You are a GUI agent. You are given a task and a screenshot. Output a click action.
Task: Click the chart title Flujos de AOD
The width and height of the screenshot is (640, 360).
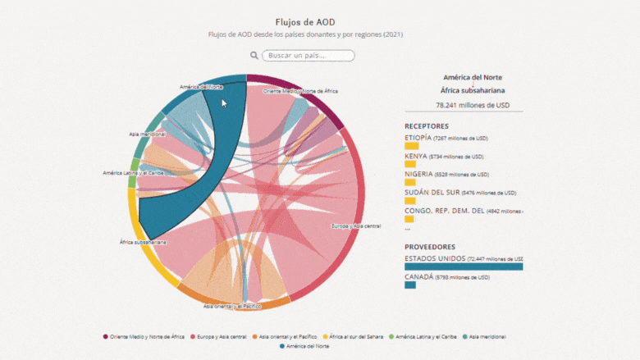(304, 21)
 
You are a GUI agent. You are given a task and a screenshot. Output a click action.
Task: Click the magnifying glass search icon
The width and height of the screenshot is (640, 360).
(254, 56)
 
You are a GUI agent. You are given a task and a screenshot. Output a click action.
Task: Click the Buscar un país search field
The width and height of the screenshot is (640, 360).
(309, 56)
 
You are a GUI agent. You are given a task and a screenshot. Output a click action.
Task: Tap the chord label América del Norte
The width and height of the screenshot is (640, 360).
(201, 86)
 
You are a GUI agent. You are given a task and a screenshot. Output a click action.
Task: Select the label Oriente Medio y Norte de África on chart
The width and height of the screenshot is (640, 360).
(300, 91)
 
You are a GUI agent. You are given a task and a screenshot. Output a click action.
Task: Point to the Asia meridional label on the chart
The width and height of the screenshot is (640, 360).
(148, 134)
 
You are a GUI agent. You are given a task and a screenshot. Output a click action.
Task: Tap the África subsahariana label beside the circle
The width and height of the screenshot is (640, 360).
(144, 242)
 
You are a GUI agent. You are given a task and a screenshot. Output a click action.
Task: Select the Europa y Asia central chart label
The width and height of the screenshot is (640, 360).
(355, 226)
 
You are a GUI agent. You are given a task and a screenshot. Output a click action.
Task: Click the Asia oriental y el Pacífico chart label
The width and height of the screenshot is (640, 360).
(232, 306)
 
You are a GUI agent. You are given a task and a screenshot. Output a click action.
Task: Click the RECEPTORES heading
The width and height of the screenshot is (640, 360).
(426, 126)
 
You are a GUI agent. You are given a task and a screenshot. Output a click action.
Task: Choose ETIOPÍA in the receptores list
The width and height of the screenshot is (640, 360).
(418, 138)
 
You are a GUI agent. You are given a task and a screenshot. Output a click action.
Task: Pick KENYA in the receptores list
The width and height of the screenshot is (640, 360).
(416, 156)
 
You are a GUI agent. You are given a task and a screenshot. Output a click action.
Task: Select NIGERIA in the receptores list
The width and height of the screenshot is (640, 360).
(418, 174)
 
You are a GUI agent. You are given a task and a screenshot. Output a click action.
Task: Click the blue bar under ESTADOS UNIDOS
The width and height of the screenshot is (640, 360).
(464, 267)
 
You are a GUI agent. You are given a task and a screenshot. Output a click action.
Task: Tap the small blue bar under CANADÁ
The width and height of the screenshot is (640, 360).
(410, 285)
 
